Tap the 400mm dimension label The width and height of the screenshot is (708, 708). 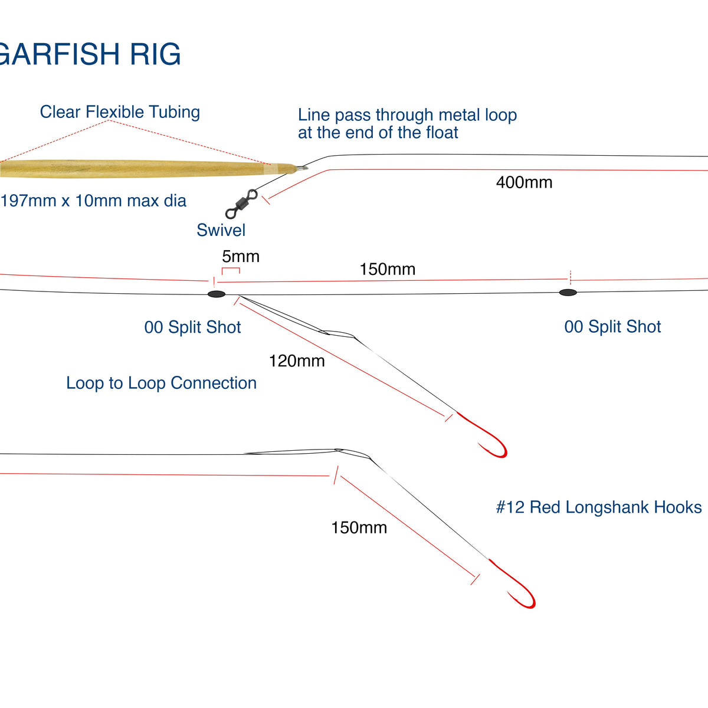pyautogui.click(x=524, y=182)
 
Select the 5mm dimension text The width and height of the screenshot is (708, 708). pyautogui.click(x=241, y=257)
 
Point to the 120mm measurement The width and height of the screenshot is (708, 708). pyautogui.click(x=297, y=361)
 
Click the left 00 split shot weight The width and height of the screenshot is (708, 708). pyautogui.click(x=217, y=294)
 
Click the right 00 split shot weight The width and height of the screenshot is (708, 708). pyautogui.click(x=568, y=292)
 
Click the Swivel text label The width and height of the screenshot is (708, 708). pyautogui.click(x=221, y=230)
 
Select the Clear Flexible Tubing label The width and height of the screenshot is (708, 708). pyautogui.click(x=120, y=112)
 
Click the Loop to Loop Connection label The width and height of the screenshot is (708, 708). pyautogui.click(x=161, y=383)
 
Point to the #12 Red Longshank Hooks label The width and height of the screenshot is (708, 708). pyautogui.click(x=599, y=507)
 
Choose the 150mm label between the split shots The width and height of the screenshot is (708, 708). pyautogui.click(x=388, y=270)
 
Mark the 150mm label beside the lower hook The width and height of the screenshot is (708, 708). pyautogui.click(x=359, y=527)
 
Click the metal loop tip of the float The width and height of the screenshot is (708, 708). pyautogui.click(x=301, y=168)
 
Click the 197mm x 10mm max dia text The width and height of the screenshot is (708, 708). pyautogui.click(x=93, y=201)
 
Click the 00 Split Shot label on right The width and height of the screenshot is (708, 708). pyautogui.click(x=612, y=327)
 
